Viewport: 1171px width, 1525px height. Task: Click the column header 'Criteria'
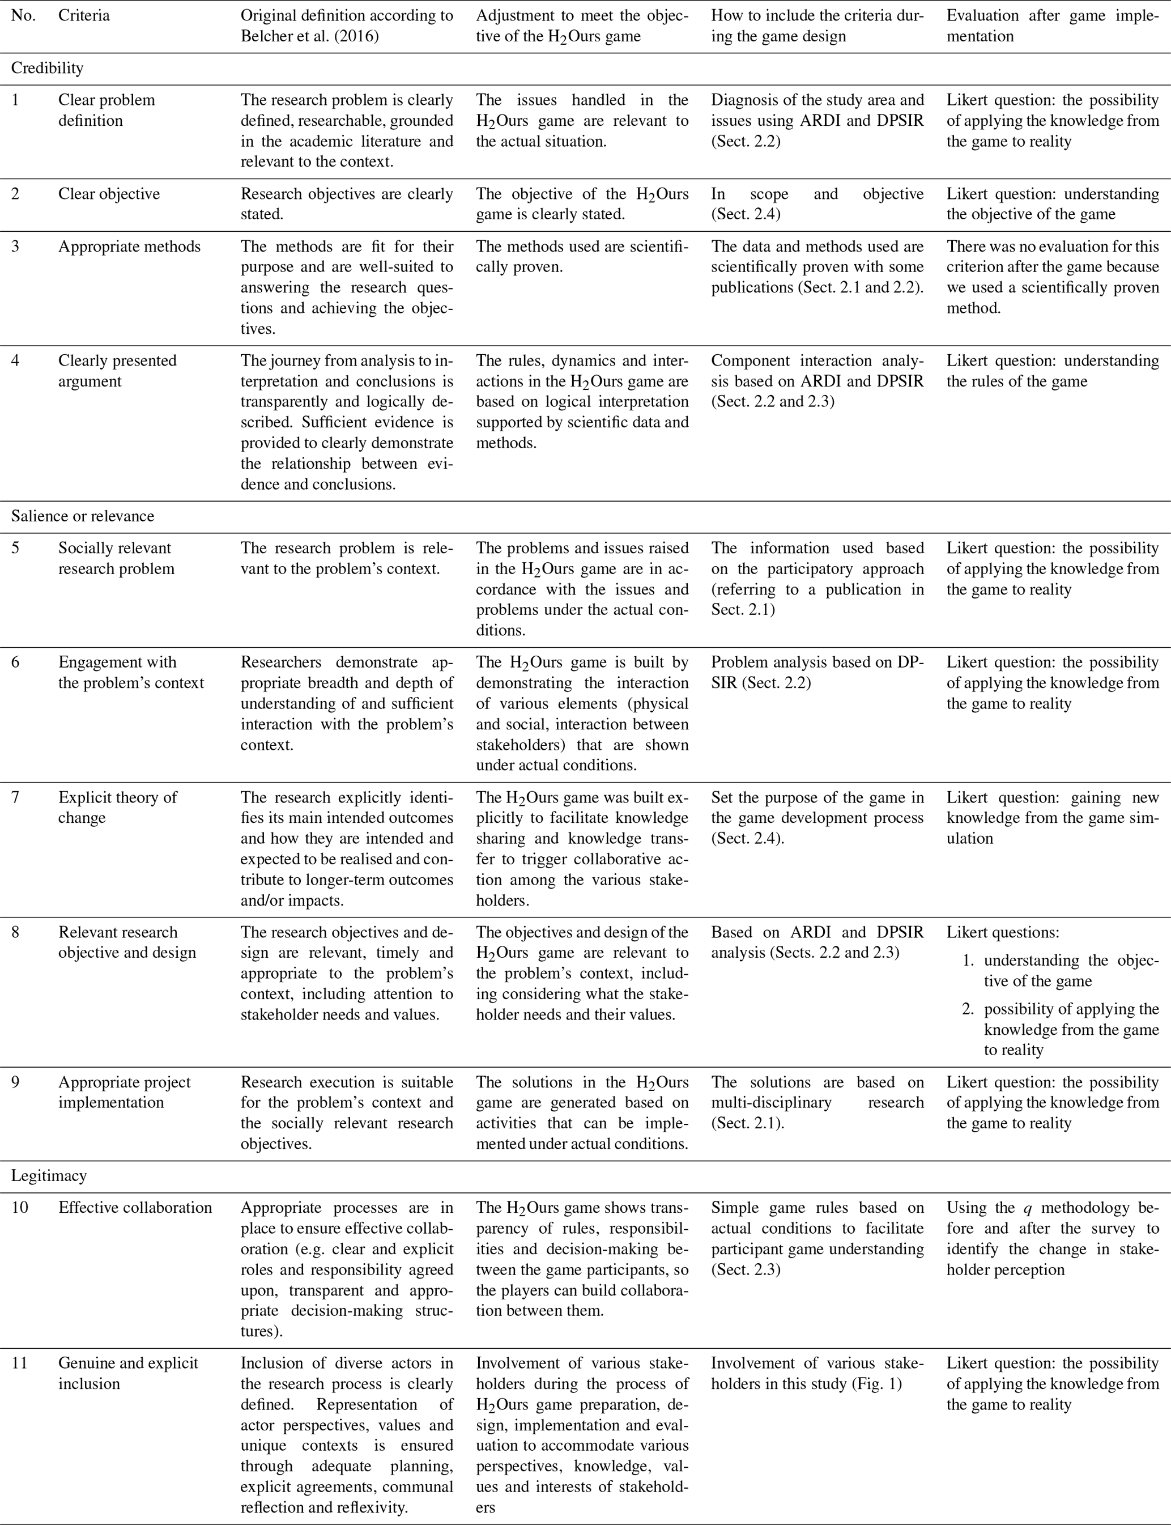84,15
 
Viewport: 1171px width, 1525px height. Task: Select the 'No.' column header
23,15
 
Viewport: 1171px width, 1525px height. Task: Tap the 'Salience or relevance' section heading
82,516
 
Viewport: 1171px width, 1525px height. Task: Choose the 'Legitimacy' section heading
49,1176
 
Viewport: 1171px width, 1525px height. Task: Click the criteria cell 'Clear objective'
109,194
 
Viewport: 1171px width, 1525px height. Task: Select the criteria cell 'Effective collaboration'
134,1208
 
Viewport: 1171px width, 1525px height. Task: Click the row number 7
15,797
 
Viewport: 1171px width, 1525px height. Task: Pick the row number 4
15,360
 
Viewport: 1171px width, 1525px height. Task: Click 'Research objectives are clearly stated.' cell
346,203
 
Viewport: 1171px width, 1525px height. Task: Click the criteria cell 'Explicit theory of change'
117,807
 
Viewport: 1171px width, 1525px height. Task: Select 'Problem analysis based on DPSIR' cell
817,672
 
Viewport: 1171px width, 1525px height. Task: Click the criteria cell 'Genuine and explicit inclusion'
127,1373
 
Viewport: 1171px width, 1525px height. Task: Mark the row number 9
15,1082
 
